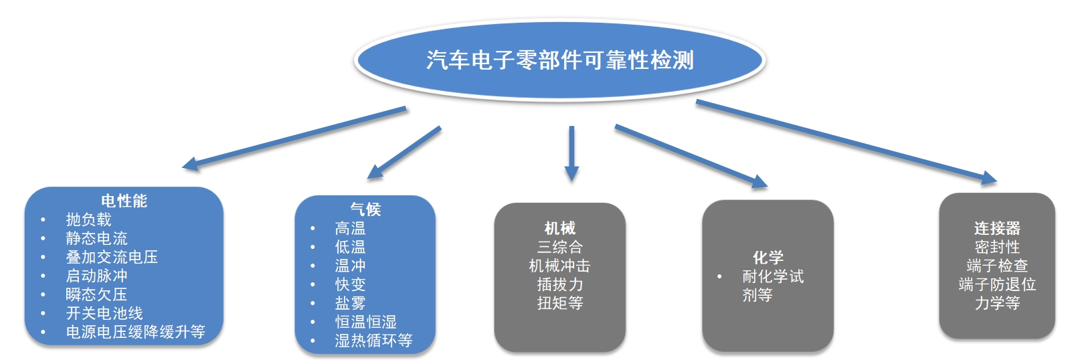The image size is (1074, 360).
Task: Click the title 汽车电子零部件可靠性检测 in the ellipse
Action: pyautogui.click(x=560, y=60)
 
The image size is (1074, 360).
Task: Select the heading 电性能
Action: pyautogui.click(x=124, y=201)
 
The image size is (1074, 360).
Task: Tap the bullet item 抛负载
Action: pyautogui.click(x=89, y=219)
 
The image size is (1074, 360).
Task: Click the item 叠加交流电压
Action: pyautogui.click(x=112, y=257)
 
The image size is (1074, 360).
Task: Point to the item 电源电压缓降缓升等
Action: pyautogui.click(x=135, y=332)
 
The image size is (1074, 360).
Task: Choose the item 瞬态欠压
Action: pyautogui.click(x=96, y=294)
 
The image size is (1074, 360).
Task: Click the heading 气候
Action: pyautogui.click(x=365, y=209)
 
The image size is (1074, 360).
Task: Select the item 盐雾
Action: pyautogui.click(x=351, y=303)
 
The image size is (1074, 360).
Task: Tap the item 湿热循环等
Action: pyautogui.click(x=373, y=341)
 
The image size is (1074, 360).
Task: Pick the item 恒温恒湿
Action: pyautogui.click(x=366, y=322)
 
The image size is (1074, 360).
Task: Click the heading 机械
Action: pyautogui.click(x=560, y=228)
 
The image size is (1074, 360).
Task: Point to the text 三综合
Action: pyautogui.click(x=560, y=247)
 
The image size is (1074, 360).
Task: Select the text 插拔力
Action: pyautogui.click(x=560, y=284)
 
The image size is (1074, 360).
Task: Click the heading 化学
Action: pyautogui.click(x=768, y=258)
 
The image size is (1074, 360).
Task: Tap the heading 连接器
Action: pyautogui.click(x=997, y=228)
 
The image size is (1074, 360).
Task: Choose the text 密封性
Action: pyautogui.click(x=997, y=247)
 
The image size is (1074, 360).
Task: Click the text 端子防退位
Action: pyautogui.click(x=997, y=284)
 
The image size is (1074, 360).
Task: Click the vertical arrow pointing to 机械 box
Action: pyautogui.click(x=571, y=153)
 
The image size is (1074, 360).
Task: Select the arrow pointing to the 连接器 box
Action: pyautogui.click(x=846, y=142)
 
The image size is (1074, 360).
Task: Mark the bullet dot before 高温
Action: pyautogui.click(x=312, y=229)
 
